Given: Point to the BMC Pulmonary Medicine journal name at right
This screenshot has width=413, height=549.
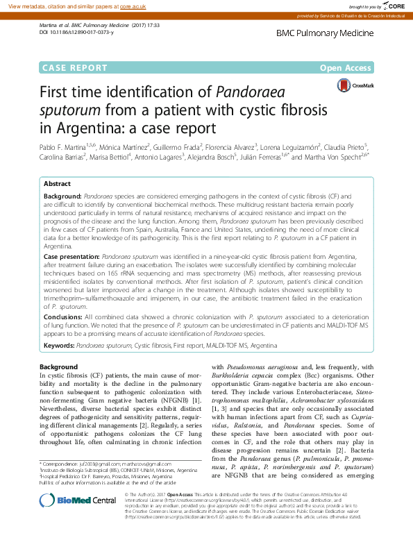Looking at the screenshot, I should [x=324, y=33].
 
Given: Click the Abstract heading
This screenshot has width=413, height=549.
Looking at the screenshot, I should [x=57, y=184].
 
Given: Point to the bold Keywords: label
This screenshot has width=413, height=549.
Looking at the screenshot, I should [x=59, y=344].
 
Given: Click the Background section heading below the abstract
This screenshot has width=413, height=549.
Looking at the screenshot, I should [x=58, y=366].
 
